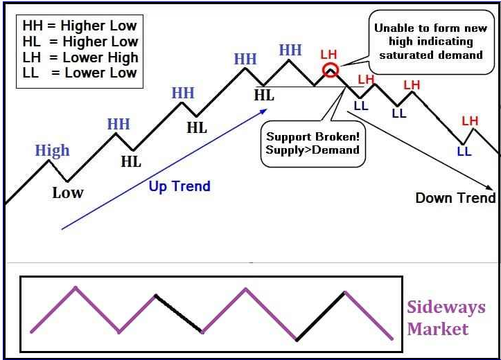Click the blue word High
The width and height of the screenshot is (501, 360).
pos(53,150)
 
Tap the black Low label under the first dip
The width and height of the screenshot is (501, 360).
pos(67,192)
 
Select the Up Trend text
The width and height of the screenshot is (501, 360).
pos(179,186)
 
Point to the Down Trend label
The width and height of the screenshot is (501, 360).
pos(455,198)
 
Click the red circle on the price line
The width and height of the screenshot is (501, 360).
pos(331,70)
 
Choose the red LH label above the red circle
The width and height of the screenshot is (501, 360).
pos(328,54)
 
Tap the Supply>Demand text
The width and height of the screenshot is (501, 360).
pos(313,150)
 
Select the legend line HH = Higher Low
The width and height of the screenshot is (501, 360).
pos(80,26)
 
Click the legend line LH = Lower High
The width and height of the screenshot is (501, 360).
pos(80,57)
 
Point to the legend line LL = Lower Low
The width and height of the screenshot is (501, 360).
pos(80,73)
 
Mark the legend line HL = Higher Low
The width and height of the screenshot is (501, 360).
pos(80,42)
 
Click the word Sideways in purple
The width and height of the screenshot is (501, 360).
pos(446,307)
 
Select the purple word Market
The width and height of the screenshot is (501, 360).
pos(437,328)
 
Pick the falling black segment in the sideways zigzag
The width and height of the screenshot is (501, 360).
pos(179,314)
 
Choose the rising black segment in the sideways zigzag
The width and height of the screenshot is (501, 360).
pos(320,316)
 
